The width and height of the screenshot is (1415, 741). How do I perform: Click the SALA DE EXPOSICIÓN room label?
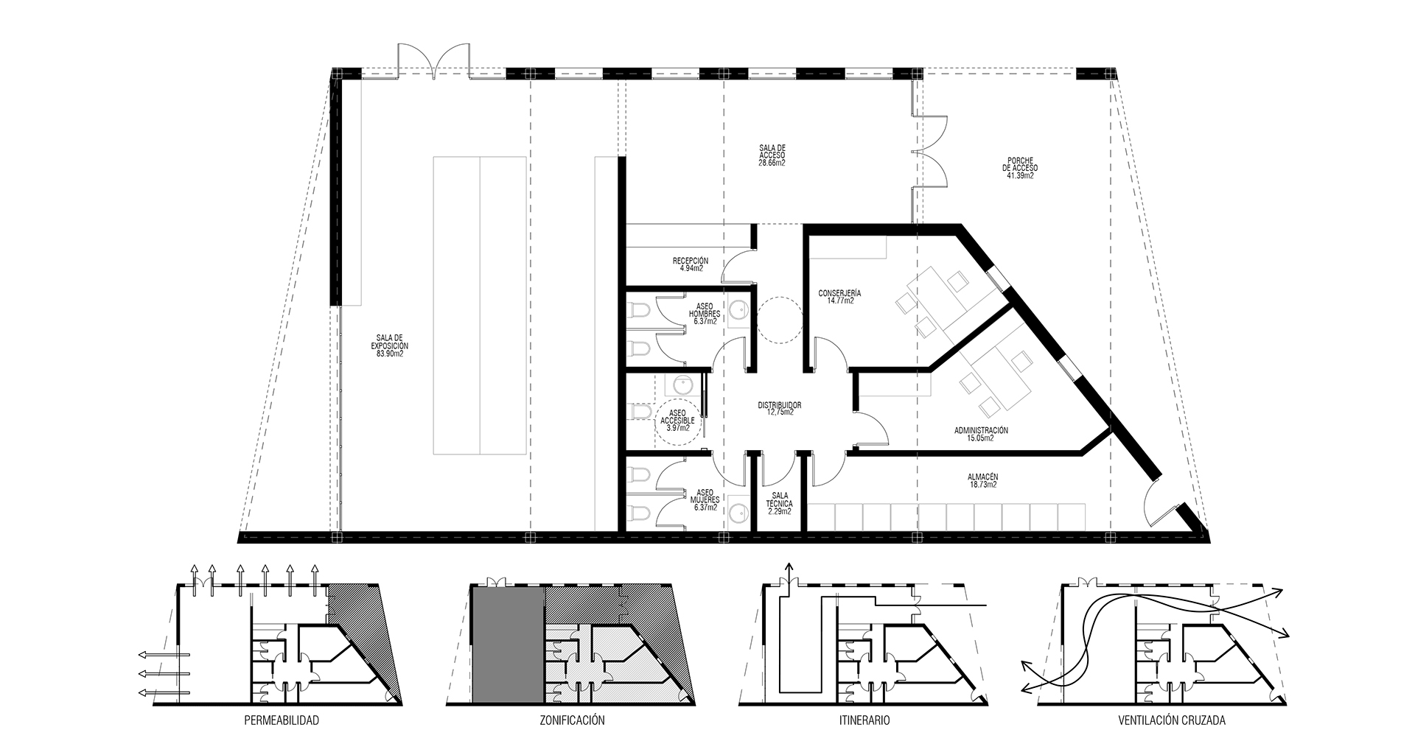pos(390,345)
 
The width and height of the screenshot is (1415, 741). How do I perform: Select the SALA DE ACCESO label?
pos(772,155)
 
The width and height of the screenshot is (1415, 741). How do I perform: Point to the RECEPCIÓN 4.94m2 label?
pos(691,264)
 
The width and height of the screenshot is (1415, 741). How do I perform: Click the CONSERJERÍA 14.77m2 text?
pos(839,297)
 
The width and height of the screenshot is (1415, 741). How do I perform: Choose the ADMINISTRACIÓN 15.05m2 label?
pos(981,434)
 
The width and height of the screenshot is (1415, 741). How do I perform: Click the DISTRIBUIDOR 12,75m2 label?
pos(779,409)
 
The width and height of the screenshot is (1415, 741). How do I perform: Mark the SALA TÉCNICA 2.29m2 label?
pos(780,503)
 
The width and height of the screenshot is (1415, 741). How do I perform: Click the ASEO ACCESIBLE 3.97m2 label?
pos(678,420)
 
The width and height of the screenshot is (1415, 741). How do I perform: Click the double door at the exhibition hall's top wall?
pos(434,61)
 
